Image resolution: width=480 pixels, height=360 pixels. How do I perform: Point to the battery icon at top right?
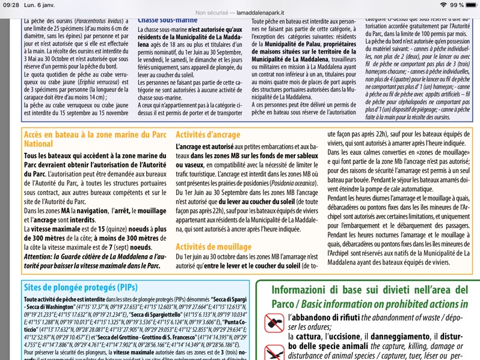coord(470,5)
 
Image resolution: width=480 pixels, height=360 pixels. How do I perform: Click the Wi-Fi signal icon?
coord(443,5)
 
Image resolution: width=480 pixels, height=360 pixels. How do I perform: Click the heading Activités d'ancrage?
coord(208,135)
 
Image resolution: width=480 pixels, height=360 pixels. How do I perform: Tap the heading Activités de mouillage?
coord(213,246)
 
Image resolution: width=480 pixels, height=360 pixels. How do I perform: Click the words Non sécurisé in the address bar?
coord(212,12)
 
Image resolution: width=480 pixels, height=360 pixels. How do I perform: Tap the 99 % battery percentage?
coord(457,5)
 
